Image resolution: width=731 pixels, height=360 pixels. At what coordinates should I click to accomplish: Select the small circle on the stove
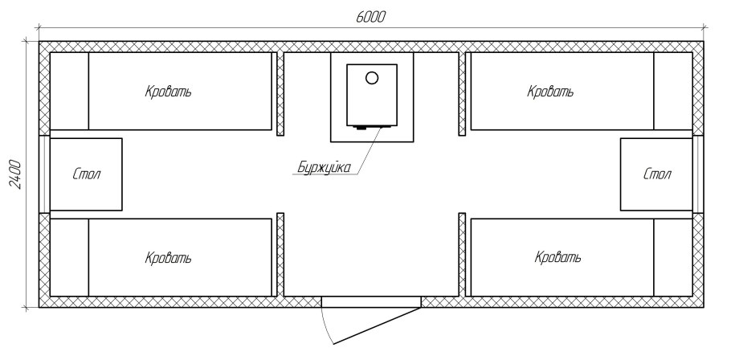tap(371, 78)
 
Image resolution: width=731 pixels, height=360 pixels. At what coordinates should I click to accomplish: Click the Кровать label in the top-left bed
tap(168, 92)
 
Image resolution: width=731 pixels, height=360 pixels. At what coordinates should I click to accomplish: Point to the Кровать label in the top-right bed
tap(550, 92)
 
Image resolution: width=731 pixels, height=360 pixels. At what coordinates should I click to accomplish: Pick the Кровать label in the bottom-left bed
tap(168, 258)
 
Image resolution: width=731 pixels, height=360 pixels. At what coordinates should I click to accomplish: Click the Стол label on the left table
tap(86, 174)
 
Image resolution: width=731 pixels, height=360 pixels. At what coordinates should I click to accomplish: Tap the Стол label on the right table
tap(656, 174)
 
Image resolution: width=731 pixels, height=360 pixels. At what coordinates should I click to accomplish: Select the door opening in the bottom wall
tap(371, 301)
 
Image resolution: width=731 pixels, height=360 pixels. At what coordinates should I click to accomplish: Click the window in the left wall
tap(44, 174)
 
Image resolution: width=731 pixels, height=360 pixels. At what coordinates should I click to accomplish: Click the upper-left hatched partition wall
tap(280, 94)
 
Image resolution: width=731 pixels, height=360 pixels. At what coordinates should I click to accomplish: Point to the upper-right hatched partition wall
tap(462, 94)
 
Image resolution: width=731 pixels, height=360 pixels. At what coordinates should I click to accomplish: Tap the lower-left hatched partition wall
tap(280, 254)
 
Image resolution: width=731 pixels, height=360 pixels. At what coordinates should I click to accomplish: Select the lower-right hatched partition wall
tap(462, 254)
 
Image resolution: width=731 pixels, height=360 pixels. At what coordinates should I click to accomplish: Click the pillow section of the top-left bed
tap(69, 92)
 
